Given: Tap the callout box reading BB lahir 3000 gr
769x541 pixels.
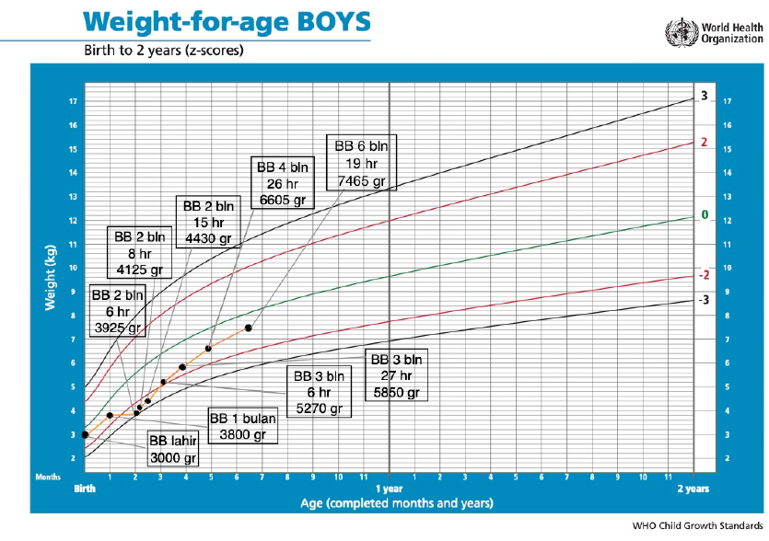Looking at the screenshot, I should (x=173, y=450).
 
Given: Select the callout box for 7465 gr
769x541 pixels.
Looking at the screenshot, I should (x=361, y=163).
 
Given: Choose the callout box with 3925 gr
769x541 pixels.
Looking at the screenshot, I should (x=117, y=311).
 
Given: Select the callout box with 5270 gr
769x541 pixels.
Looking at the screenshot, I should (x=318, y=392).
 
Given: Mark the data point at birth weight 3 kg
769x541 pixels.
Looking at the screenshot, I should (x=85, y=434).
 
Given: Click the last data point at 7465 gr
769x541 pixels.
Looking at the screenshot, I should (x=249, y=328).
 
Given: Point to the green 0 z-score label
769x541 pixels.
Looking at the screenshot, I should (x=705, y=215).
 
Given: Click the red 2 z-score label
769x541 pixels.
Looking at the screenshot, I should (x=704, y=143).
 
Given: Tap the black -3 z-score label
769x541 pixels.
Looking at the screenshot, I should (x=703, y=300).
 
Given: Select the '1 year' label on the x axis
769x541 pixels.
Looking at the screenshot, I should (x=390, y=489).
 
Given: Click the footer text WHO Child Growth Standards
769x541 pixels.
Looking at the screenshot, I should (x=697, y=527).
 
